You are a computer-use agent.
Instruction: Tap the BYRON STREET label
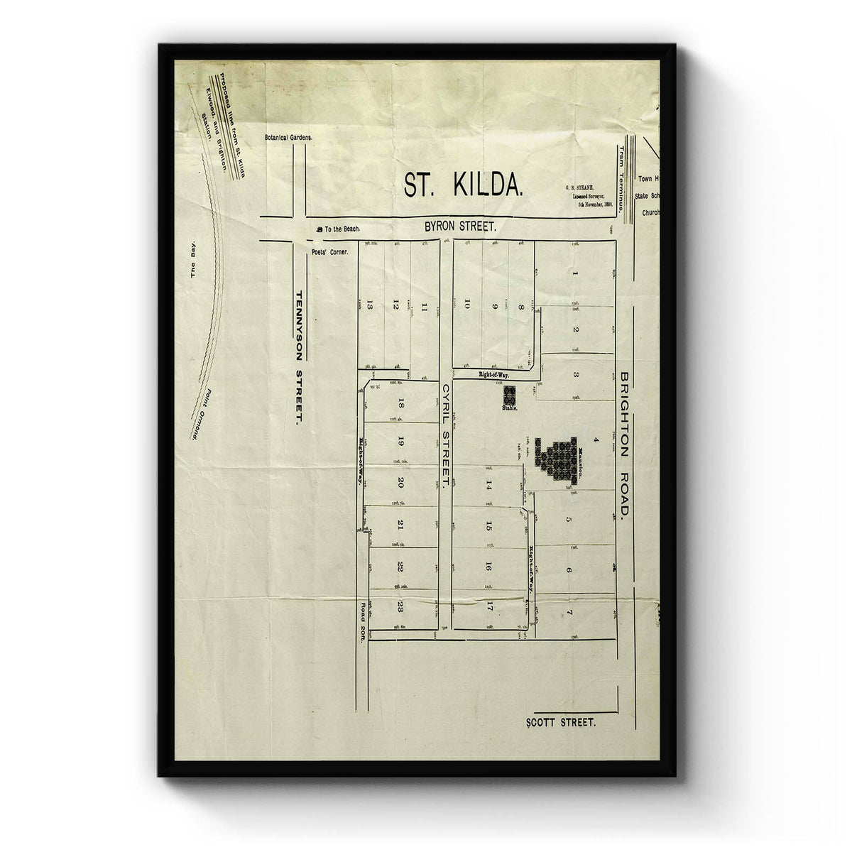(459, 226)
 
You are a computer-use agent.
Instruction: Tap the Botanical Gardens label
(288, 137)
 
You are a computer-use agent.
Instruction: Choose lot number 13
(371, 305)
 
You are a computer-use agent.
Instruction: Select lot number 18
(401, 405)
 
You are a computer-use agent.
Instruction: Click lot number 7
(569, 612)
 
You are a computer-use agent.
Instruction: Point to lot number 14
(488, 486)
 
